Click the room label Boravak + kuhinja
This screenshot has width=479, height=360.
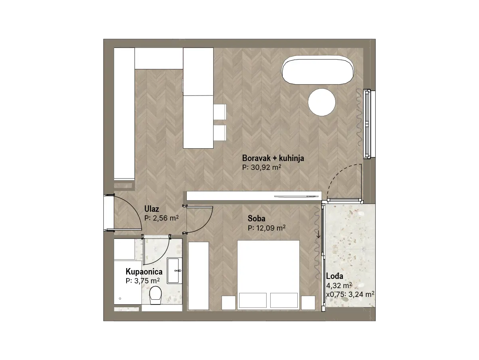[273, 158]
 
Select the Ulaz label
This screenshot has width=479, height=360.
[151, 209]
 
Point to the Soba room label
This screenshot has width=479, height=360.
[256, 218]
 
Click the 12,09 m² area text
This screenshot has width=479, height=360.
[271, 228]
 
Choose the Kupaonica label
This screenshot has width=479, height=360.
[144, 272]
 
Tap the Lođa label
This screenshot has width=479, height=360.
[335, 276]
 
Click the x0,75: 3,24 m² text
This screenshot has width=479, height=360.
[350, 294]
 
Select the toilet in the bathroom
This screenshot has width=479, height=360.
[155, 295]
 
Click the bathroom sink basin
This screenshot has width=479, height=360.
[174, 270]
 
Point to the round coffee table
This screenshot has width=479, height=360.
[322, 102]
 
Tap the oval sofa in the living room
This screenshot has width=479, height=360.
[318, 70]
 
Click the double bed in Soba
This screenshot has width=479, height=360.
[268, 275]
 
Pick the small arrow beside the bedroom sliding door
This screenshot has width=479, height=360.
[319, 234]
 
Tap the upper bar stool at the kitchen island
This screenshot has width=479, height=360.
[220, 112]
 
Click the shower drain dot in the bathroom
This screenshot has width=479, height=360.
[120, 298]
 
